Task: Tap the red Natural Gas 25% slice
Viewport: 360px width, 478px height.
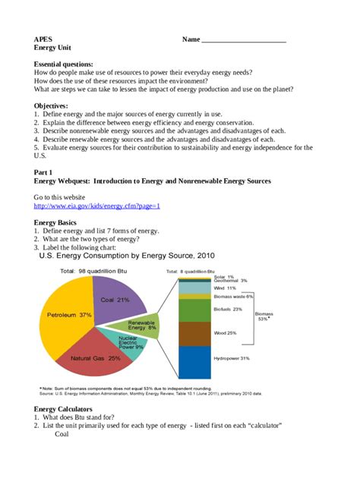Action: [x=95, y=357]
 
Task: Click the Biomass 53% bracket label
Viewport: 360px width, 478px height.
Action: [x=264, y=316]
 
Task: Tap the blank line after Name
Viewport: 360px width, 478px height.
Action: [x=243, y=39]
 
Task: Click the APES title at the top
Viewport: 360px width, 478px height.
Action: [x=43, y=39]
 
